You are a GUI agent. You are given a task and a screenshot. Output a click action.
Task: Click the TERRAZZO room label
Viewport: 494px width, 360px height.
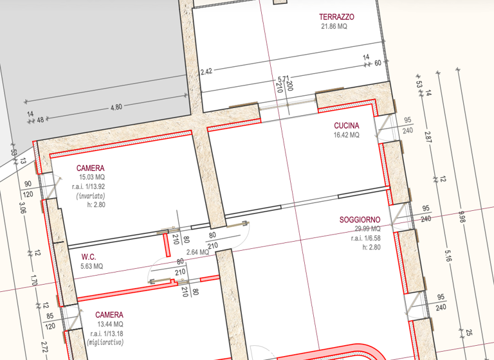336,17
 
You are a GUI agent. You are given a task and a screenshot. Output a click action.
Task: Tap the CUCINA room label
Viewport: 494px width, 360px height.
346,125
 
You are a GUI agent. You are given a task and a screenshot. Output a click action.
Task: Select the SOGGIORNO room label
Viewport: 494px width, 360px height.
360,220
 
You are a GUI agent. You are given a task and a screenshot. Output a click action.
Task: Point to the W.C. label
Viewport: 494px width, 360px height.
89,256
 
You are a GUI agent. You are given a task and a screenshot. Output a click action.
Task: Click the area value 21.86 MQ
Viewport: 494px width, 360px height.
334,27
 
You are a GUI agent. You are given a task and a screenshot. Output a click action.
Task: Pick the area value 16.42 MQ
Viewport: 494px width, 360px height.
346,136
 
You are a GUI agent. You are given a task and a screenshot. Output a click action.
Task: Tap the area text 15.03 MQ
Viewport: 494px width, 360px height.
92,177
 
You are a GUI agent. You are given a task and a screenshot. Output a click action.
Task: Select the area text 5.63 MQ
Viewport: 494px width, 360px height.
91,266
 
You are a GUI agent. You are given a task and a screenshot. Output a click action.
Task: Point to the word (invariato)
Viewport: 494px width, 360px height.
91,195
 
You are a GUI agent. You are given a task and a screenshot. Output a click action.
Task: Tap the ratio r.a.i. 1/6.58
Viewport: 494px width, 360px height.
365,238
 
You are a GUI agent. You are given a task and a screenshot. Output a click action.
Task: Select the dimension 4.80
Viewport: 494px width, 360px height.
116,107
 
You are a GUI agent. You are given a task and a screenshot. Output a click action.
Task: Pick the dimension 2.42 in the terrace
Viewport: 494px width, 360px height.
206,71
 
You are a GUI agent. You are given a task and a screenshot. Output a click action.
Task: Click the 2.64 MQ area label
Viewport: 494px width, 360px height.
197,252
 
